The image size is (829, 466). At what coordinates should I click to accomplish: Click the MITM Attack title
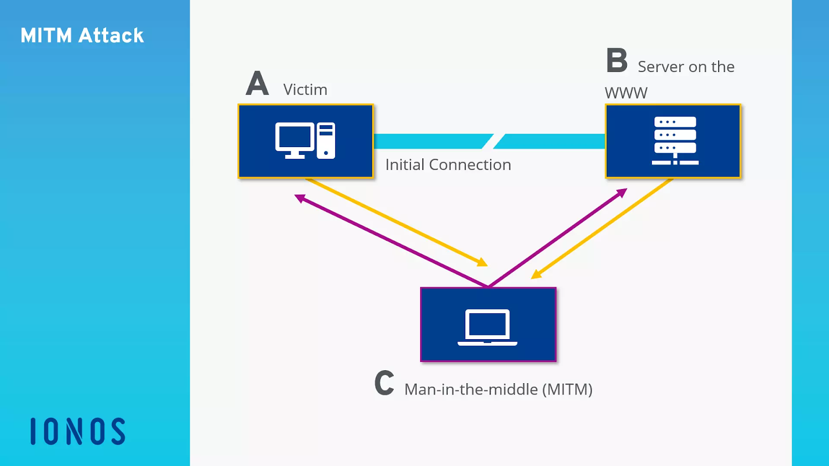point(82,36)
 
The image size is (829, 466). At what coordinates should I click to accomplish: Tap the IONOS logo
point(78,431)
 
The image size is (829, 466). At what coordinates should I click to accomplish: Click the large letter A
point(258,84)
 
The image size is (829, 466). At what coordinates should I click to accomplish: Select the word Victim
point(305,90)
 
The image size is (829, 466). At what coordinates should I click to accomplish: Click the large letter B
point(617,61)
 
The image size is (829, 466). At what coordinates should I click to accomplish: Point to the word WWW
point(626,93)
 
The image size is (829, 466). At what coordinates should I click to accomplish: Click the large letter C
point(384,383)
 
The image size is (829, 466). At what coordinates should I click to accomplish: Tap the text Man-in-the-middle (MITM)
point(498,389)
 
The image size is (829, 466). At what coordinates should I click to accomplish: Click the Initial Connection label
point(448,165)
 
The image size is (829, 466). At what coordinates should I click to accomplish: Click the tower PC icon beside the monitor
point(326,140)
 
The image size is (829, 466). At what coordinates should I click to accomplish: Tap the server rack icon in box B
point(675,141)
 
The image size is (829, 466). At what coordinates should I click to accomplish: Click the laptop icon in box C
point(488,327)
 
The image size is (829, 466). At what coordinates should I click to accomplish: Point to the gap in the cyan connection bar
point(493,141)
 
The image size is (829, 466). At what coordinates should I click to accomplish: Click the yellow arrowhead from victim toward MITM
point(482,263)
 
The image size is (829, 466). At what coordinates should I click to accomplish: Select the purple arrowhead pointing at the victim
point(299,198)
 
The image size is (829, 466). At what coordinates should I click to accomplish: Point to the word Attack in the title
point(111,36)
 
